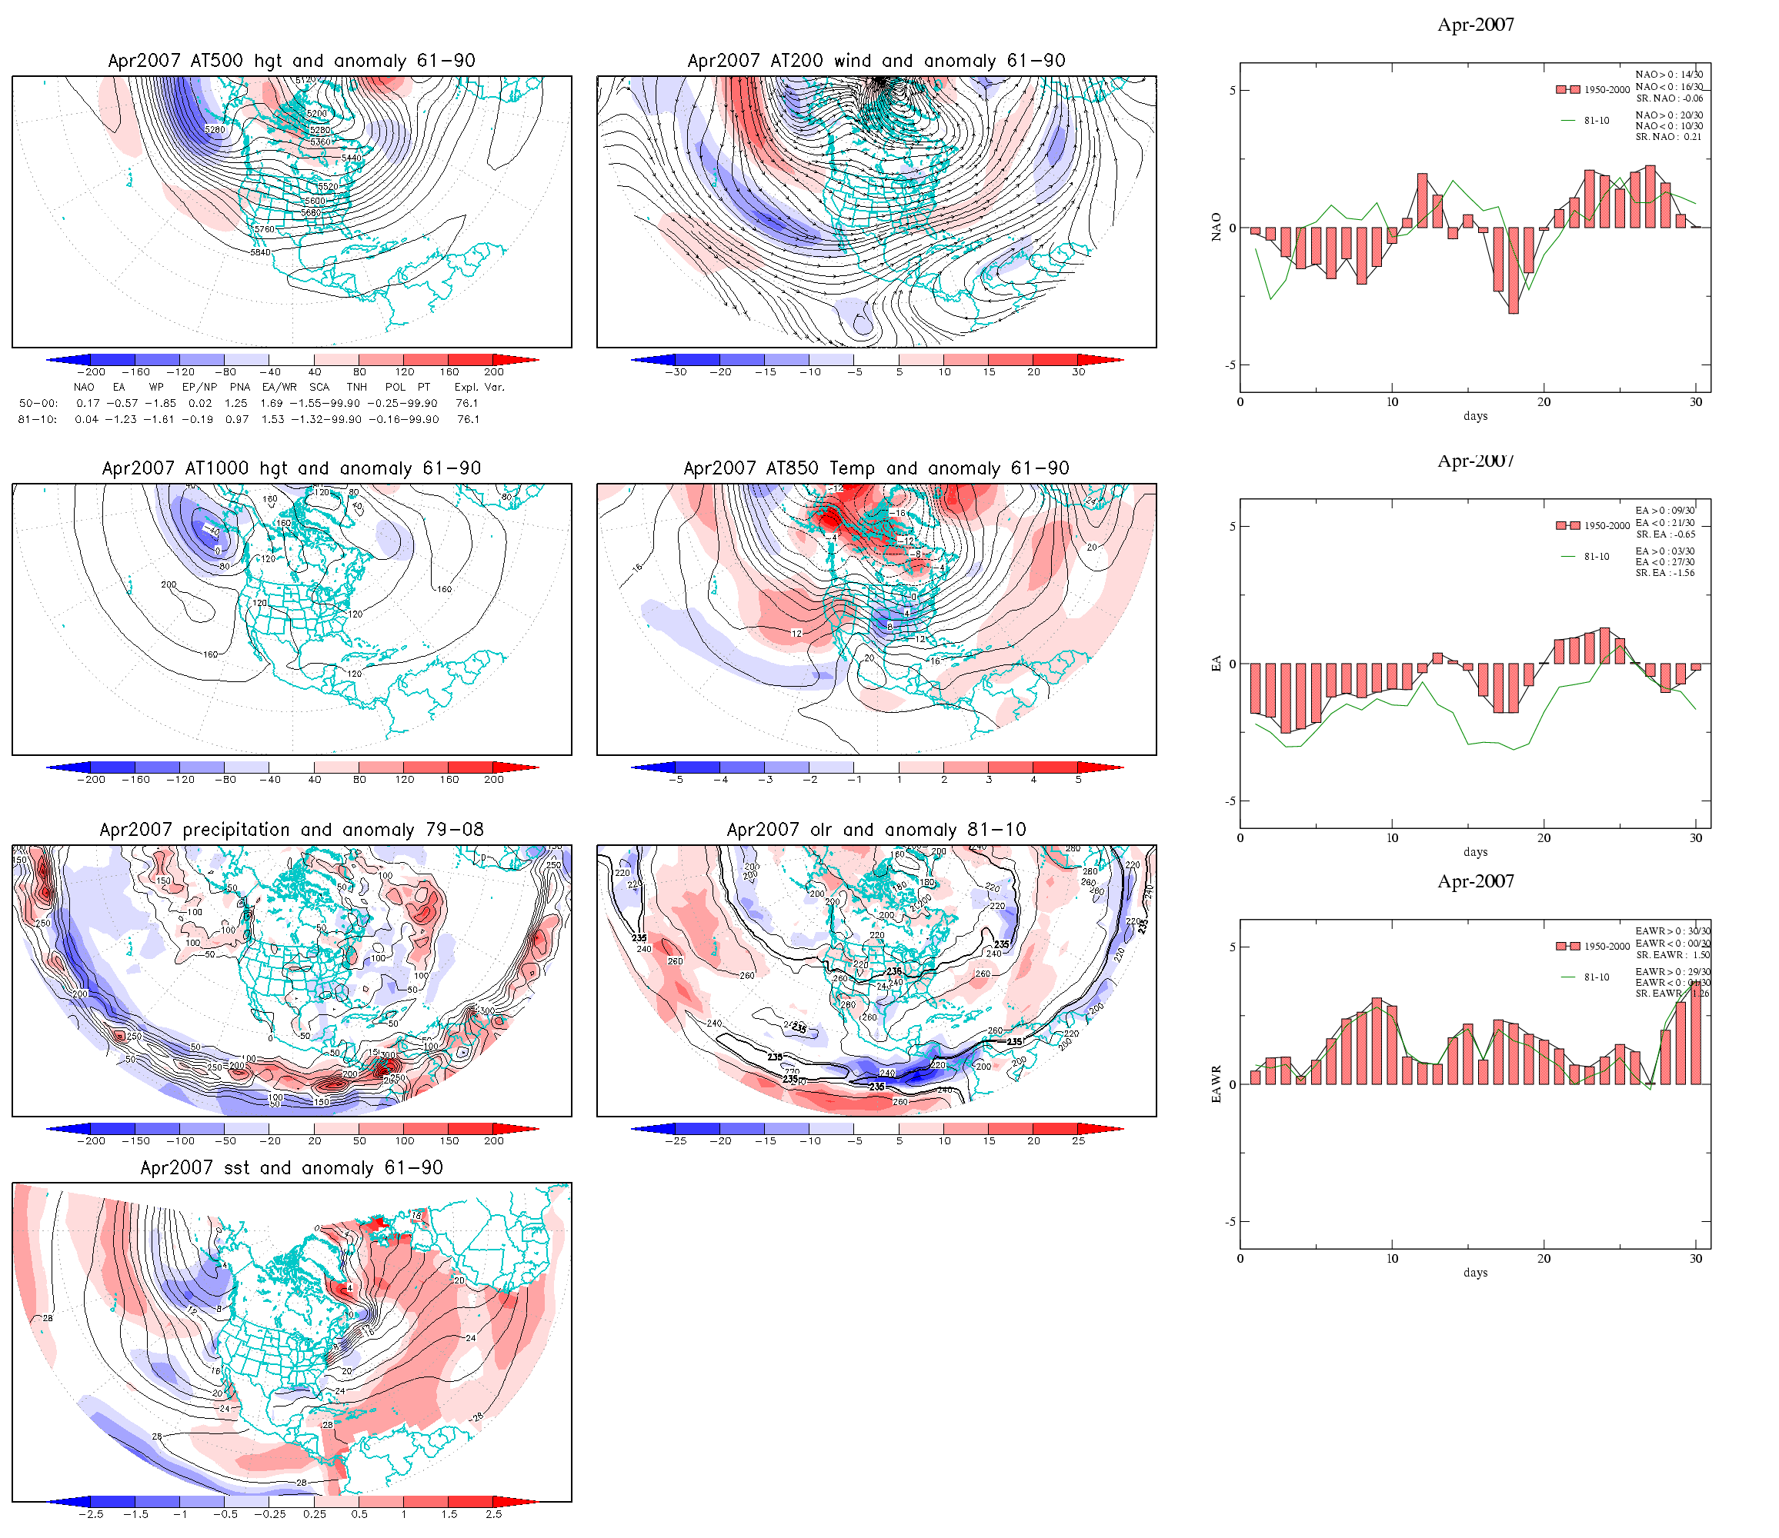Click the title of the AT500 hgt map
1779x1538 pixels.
point(291,61)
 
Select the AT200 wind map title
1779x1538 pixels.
point(876,61)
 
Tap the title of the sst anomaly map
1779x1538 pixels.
point(291,1168)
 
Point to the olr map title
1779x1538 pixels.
point(876,830)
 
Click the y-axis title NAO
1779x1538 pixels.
point(1216,228)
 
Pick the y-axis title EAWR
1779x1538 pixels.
point(1216,1084)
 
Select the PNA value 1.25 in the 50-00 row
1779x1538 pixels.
point(236,404)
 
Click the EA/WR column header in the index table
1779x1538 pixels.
point(279,387)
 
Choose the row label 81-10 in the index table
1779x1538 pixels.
point(37,420)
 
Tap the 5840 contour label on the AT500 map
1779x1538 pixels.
point(260,252)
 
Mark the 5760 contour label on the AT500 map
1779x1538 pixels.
point(265,230)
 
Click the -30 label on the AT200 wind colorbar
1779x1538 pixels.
point(676,372)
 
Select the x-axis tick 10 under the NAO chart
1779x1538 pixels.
point(1392,401)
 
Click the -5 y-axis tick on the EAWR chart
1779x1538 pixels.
point(1231,1221)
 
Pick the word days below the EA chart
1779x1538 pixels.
point(1475,852)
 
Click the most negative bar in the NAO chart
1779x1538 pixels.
point(1513,271)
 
